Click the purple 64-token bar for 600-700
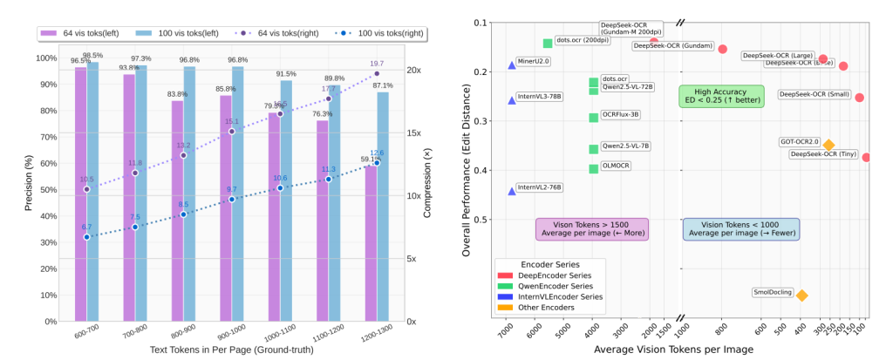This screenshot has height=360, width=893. pyautogui.click(x=80, y=192)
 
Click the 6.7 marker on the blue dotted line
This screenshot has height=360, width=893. pyautogui.click(x=86, y=237)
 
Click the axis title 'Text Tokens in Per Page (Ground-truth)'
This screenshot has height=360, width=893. pyautogui.click(x=230, y=350)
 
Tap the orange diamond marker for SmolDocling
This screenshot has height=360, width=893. pyautogui.click(x=801, y=295)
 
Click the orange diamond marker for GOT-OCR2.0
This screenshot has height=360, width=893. pyautogui.click(x=828, y=145)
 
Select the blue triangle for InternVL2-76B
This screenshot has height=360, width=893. pyautogui.click(x=512, y=191)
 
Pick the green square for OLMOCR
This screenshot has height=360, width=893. pyautogui.click(x=594, y=169)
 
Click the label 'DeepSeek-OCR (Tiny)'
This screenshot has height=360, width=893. pyautogui.click(x=825, y=154)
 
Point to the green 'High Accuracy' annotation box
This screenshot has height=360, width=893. pyautogui.click(x=721, y=96)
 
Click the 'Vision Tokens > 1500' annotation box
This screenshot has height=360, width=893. pyautogui.click(x=591, y=228)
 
